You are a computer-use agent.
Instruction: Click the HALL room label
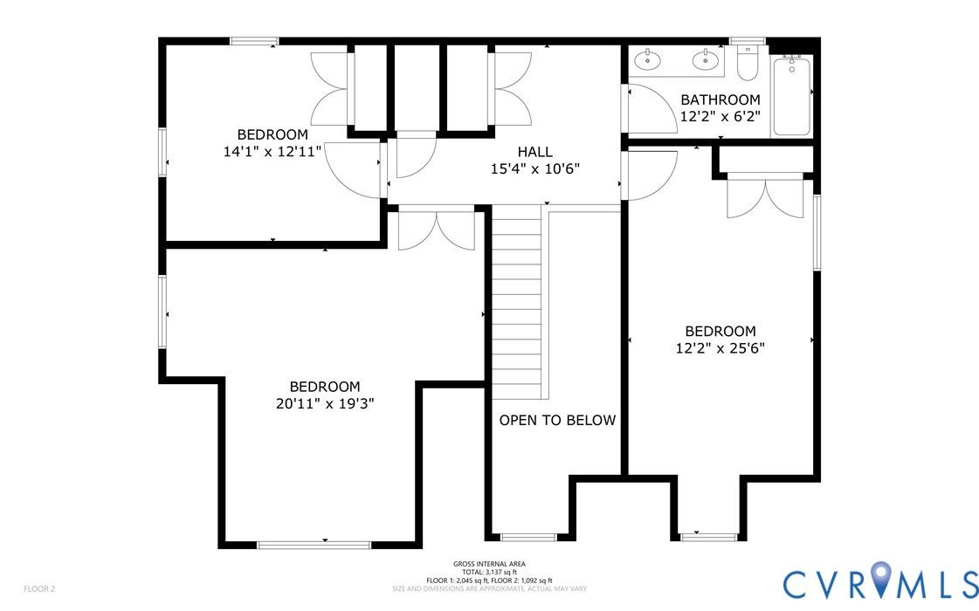click(535, 152)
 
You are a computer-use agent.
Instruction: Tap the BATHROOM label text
click(720, 100)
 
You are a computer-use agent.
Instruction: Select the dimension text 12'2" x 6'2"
click(720, 117)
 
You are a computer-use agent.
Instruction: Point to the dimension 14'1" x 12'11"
click(272, 151)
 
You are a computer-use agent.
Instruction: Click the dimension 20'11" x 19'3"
click(325, 403)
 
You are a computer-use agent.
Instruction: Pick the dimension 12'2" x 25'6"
click(720, 348)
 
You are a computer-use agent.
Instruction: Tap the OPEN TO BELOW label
click(557, 421)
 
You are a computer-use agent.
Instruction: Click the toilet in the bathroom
click(748, 63)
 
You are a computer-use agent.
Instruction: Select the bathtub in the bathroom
click(792, 95)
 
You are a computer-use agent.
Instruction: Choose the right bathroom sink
click(707, 60)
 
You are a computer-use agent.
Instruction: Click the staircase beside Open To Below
click(516, 302)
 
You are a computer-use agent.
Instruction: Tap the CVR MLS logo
click(880, 583)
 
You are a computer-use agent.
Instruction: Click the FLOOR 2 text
click(39, 588)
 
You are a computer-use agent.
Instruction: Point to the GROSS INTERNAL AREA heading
click(489, 564)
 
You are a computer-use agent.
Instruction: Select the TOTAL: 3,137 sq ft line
click(489, 573)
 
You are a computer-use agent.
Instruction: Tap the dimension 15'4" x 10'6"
click(535, 168)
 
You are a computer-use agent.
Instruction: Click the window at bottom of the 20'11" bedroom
click(314, 545)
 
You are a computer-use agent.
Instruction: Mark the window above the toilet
click(748, 41)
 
